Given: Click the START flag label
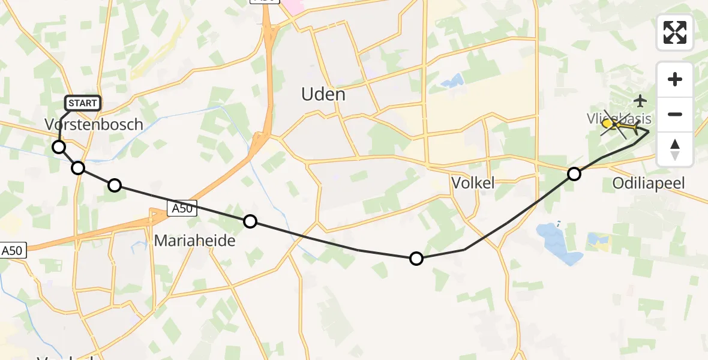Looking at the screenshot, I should [x=82, y=103].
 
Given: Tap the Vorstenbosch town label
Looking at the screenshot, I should [x=94, y=125].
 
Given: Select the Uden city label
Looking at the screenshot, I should [x=323, y=95].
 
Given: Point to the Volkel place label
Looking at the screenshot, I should [x=473, y=183].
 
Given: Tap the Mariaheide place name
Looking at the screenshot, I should [x=194, y=241].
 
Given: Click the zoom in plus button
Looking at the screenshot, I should [x=675, y=79].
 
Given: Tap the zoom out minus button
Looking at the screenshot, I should [x=675, y=114].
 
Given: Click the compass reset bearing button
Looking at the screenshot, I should [x=675, y=149].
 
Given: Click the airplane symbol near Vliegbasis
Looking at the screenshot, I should [x=641, y=100].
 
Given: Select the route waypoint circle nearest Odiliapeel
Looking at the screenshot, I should [x=574, y=174].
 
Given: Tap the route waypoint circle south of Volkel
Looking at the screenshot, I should [x=416, y=259].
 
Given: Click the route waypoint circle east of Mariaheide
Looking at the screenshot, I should [x=250, y=222].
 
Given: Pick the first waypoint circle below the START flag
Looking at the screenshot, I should [x=59, y=147].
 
